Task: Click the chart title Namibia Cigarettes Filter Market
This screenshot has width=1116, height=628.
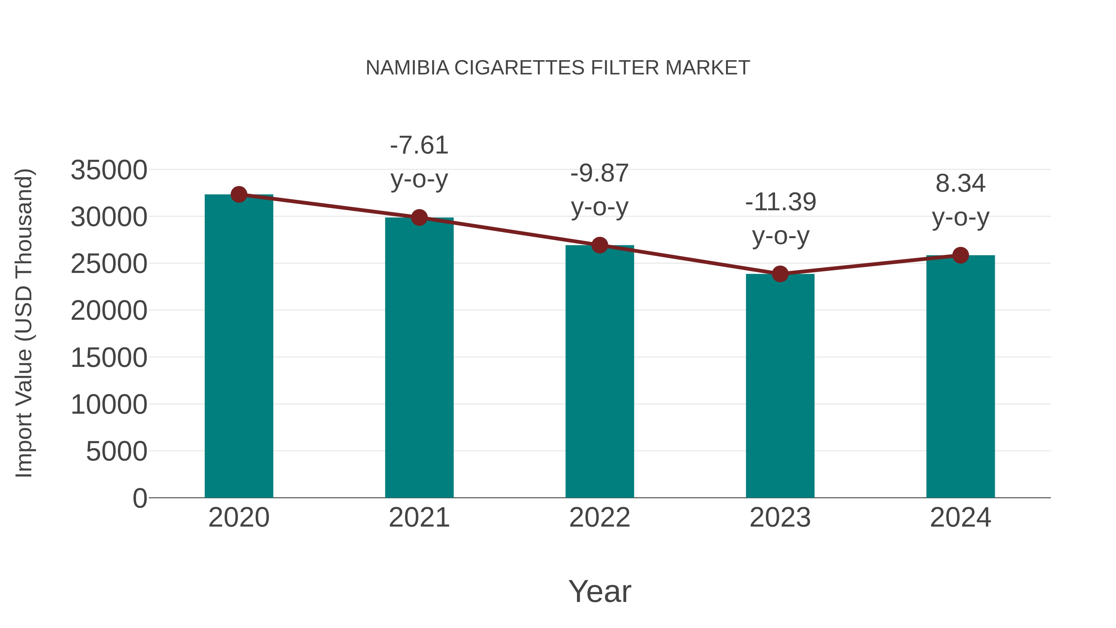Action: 558,68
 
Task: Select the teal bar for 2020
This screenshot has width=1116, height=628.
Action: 239,347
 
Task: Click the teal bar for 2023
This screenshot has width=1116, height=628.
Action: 780,386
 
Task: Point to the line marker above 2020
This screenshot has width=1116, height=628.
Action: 239,194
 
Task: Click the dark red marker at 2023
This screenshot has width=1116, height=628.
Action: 780,274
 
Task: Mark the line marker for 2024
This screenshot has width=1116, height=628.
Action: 960,255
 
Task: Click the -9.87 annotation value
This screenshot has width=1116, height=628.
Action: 600,173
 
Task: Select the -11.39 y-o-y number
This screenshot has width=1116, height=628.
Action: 780,202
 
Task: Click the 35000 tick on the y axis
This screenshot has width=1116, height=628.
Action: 109,170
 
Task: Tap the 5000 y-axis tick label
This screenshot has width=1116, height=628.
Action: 117,452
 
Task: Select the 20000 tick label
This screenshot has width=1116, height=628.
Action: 109,311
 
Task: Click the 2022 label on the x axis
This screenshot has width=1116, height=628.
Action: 600,518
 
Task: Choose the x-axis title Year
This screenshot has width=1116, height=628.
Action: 600,591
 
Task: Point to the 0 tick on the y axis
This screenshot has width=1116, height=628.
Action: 140,498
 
